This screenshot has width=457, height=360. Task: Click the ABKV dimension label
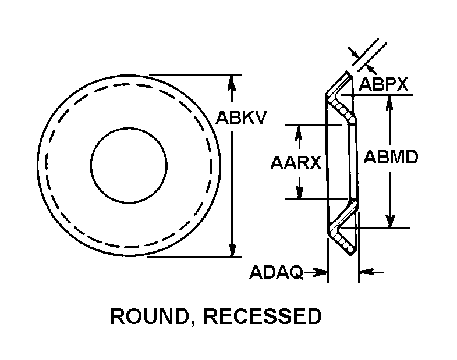tap(242, 118)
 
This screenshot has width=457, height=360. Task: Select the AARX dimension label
tap(296, 162)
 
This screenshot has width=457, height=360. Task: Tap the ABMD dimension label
tap(391, 157)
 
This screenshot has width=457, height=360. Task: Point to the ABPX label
tap(382, 84)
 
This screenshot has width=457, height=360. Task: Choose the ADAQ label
tap(277, 272)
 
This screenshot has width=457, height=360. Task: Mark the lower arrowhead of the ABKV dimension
tap(233, 250)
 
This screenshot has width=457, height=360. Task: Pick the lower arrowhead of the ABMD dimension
tap(390, 221)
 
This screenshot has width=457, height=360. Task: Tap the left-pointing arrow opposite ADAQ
tap(365, 272)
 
